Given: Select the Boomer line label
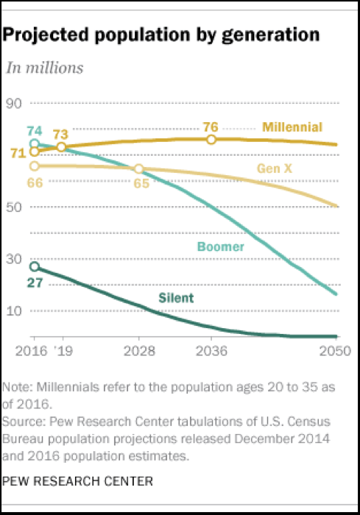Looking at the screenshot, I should [220, 246].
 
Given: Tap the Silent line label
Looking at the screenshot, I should [176, 297].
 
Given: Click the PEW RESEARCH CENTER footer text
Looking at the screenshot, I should [77, 482].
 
